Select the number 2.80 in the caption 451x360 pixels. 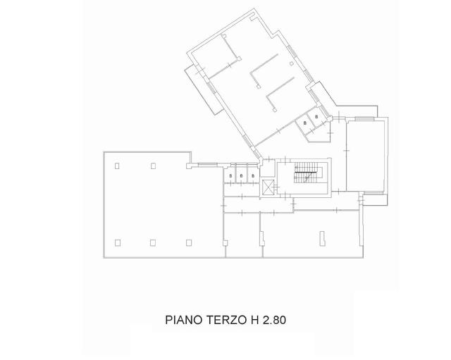pos(273,320)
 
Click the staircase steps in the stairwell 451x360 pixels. pos(304,171)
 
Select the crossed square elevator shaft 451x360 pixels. pos(268,187)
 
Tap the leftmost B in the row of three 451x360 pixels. pos(231,175)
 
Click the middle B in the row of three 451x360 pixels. pos(242,175)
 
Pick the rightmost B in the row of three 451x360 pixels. pos(252,175)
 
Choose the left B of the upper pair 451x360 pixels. pos(305,123)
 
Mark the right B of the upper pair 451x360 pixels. pos(316,116)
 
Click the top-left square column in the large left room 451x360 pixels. pos(117,166)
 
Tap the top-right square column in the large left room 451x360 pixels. pos(154,166)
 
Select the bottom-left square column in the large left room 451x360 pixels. pos(117,242)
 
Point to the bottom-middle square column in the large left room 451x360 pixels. pos(154,242)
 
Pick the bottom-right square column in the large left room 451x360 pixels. pos(189,242)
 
